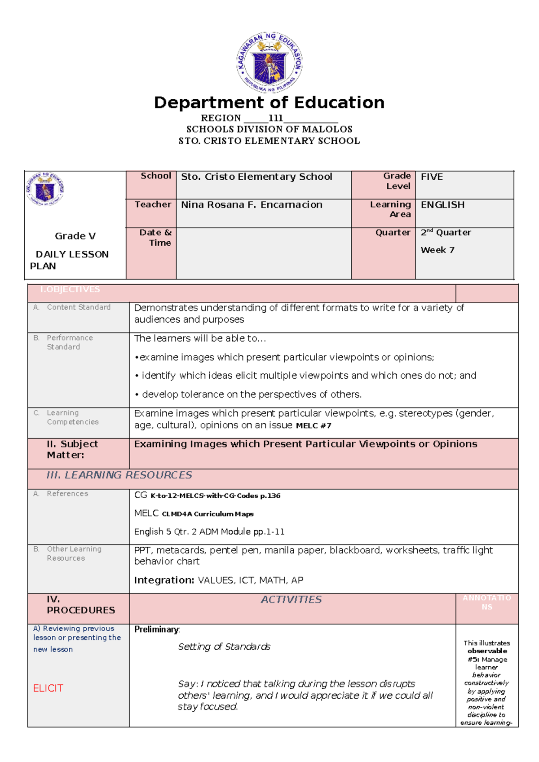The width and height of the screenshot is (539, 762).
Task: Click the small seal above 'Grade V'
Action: [x=45, y=189]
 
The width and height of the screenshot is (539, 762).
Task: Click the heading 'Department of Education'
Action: [x=269, y=103]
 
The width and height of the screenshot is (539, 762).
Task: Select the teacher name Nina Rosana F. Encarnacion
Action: [x=252, y=205]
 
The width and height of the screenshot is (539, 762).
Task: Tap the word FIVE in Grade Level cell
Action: [x=432, y=177]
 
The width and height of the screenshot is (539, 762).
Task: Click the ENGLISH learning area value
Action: [x=442, y=205]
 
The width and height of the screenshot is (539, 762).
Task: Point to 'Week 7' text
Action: [x=437, y=250]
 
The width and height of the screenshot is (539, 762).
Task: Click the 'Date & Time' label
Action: [x=155, y=238]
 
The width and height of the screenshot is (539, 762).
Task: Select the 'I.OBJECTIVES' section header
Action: [x=70, y=290]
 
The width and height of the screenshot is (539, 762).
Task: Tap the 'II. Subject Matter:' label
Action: [x=72, y=449]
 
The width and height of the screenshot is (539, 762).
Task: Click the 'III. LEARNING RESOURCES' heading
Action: [x=119, y=475]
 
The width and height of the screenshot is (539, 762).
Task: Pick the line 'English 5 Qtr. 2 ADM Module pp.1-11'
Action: [x=209, y=532]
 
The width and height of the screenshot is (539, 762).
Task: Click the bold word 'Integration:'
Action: [x=164, y=580]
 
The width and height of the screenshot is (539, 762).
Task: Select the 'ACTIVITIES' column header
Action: [x=291, y=600]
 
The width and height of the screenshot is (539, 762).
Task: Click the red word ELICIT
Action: [x=48, y=688]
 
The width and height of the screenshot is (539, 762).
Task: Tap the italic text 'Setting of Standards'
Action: [x=224, y=647]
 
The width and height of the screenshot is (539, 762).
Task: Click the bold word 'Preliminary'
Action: [x=156, y=629]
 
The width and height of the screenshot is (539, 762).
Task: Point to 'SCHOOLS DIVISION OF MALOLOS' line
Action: [x=269, y=129]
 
